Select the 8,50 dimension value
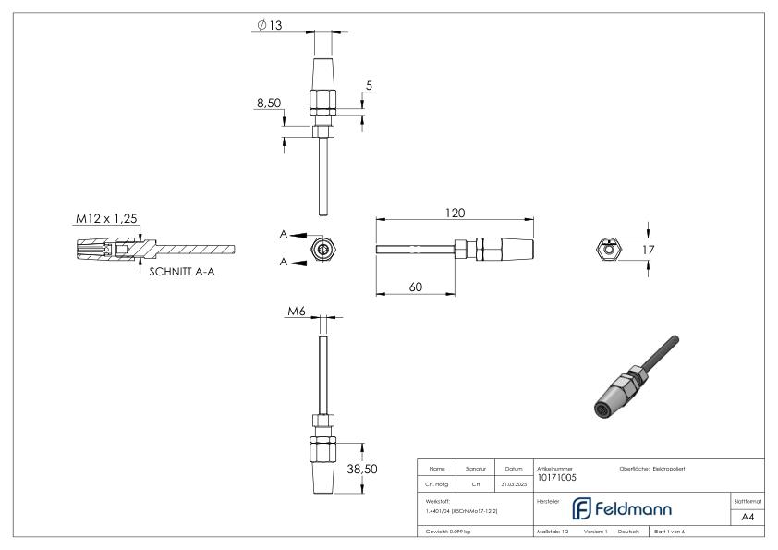268,105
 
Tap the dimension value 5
369,86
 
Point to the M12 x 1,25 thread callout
105,218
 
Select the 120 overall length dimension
453,213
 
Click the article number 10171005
556,478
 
